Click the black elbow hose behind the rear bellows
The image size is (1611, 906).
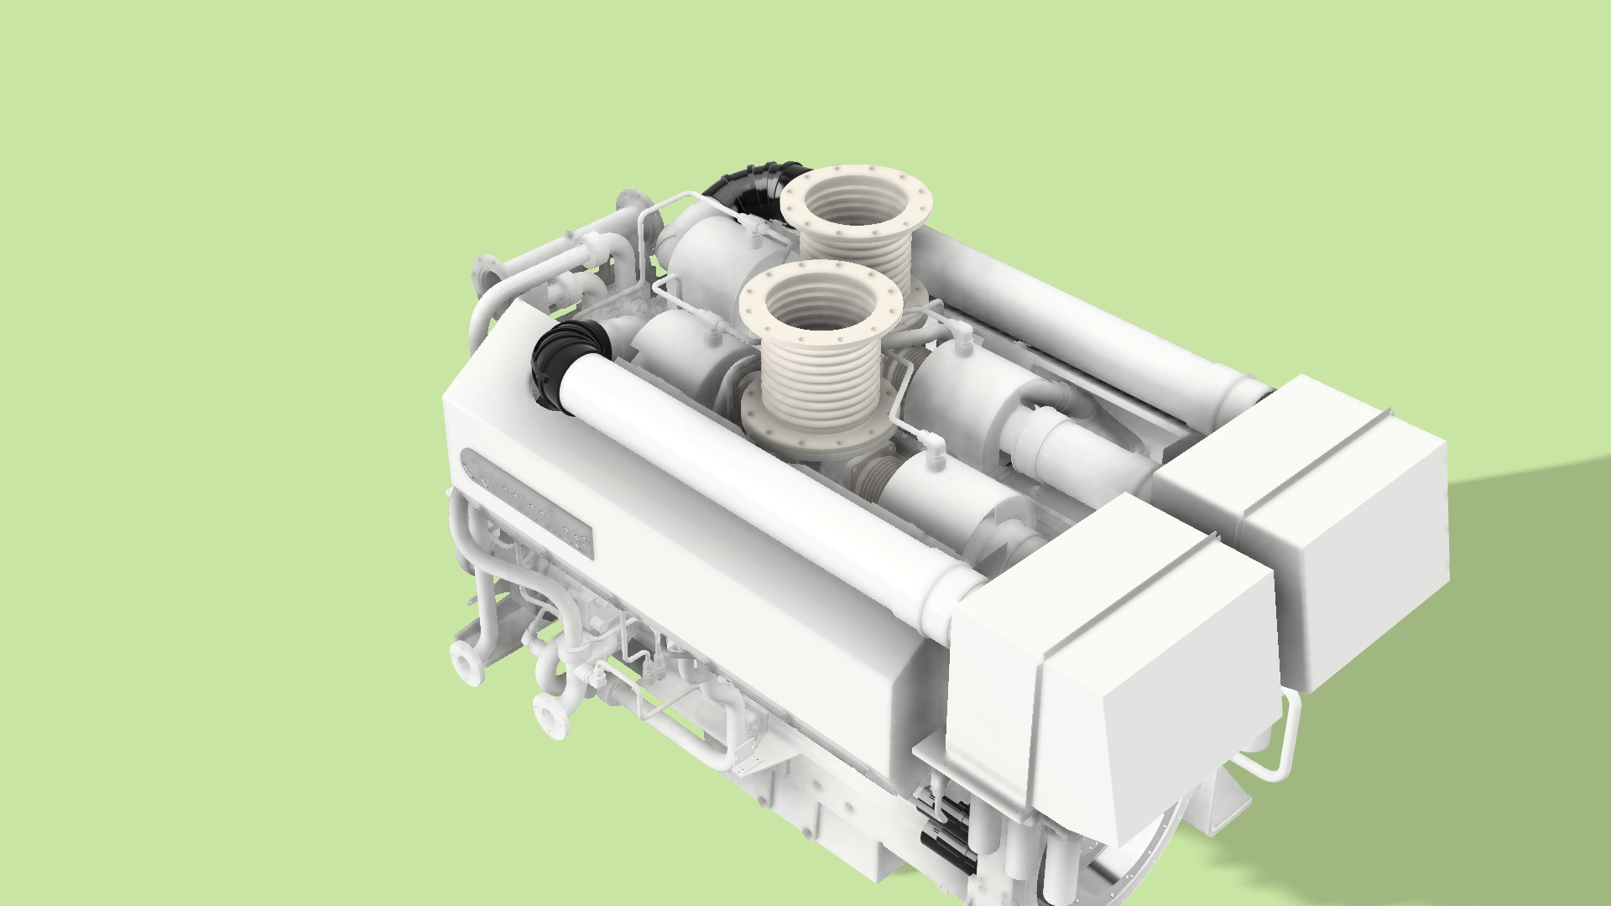click(x=747, y=189)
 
